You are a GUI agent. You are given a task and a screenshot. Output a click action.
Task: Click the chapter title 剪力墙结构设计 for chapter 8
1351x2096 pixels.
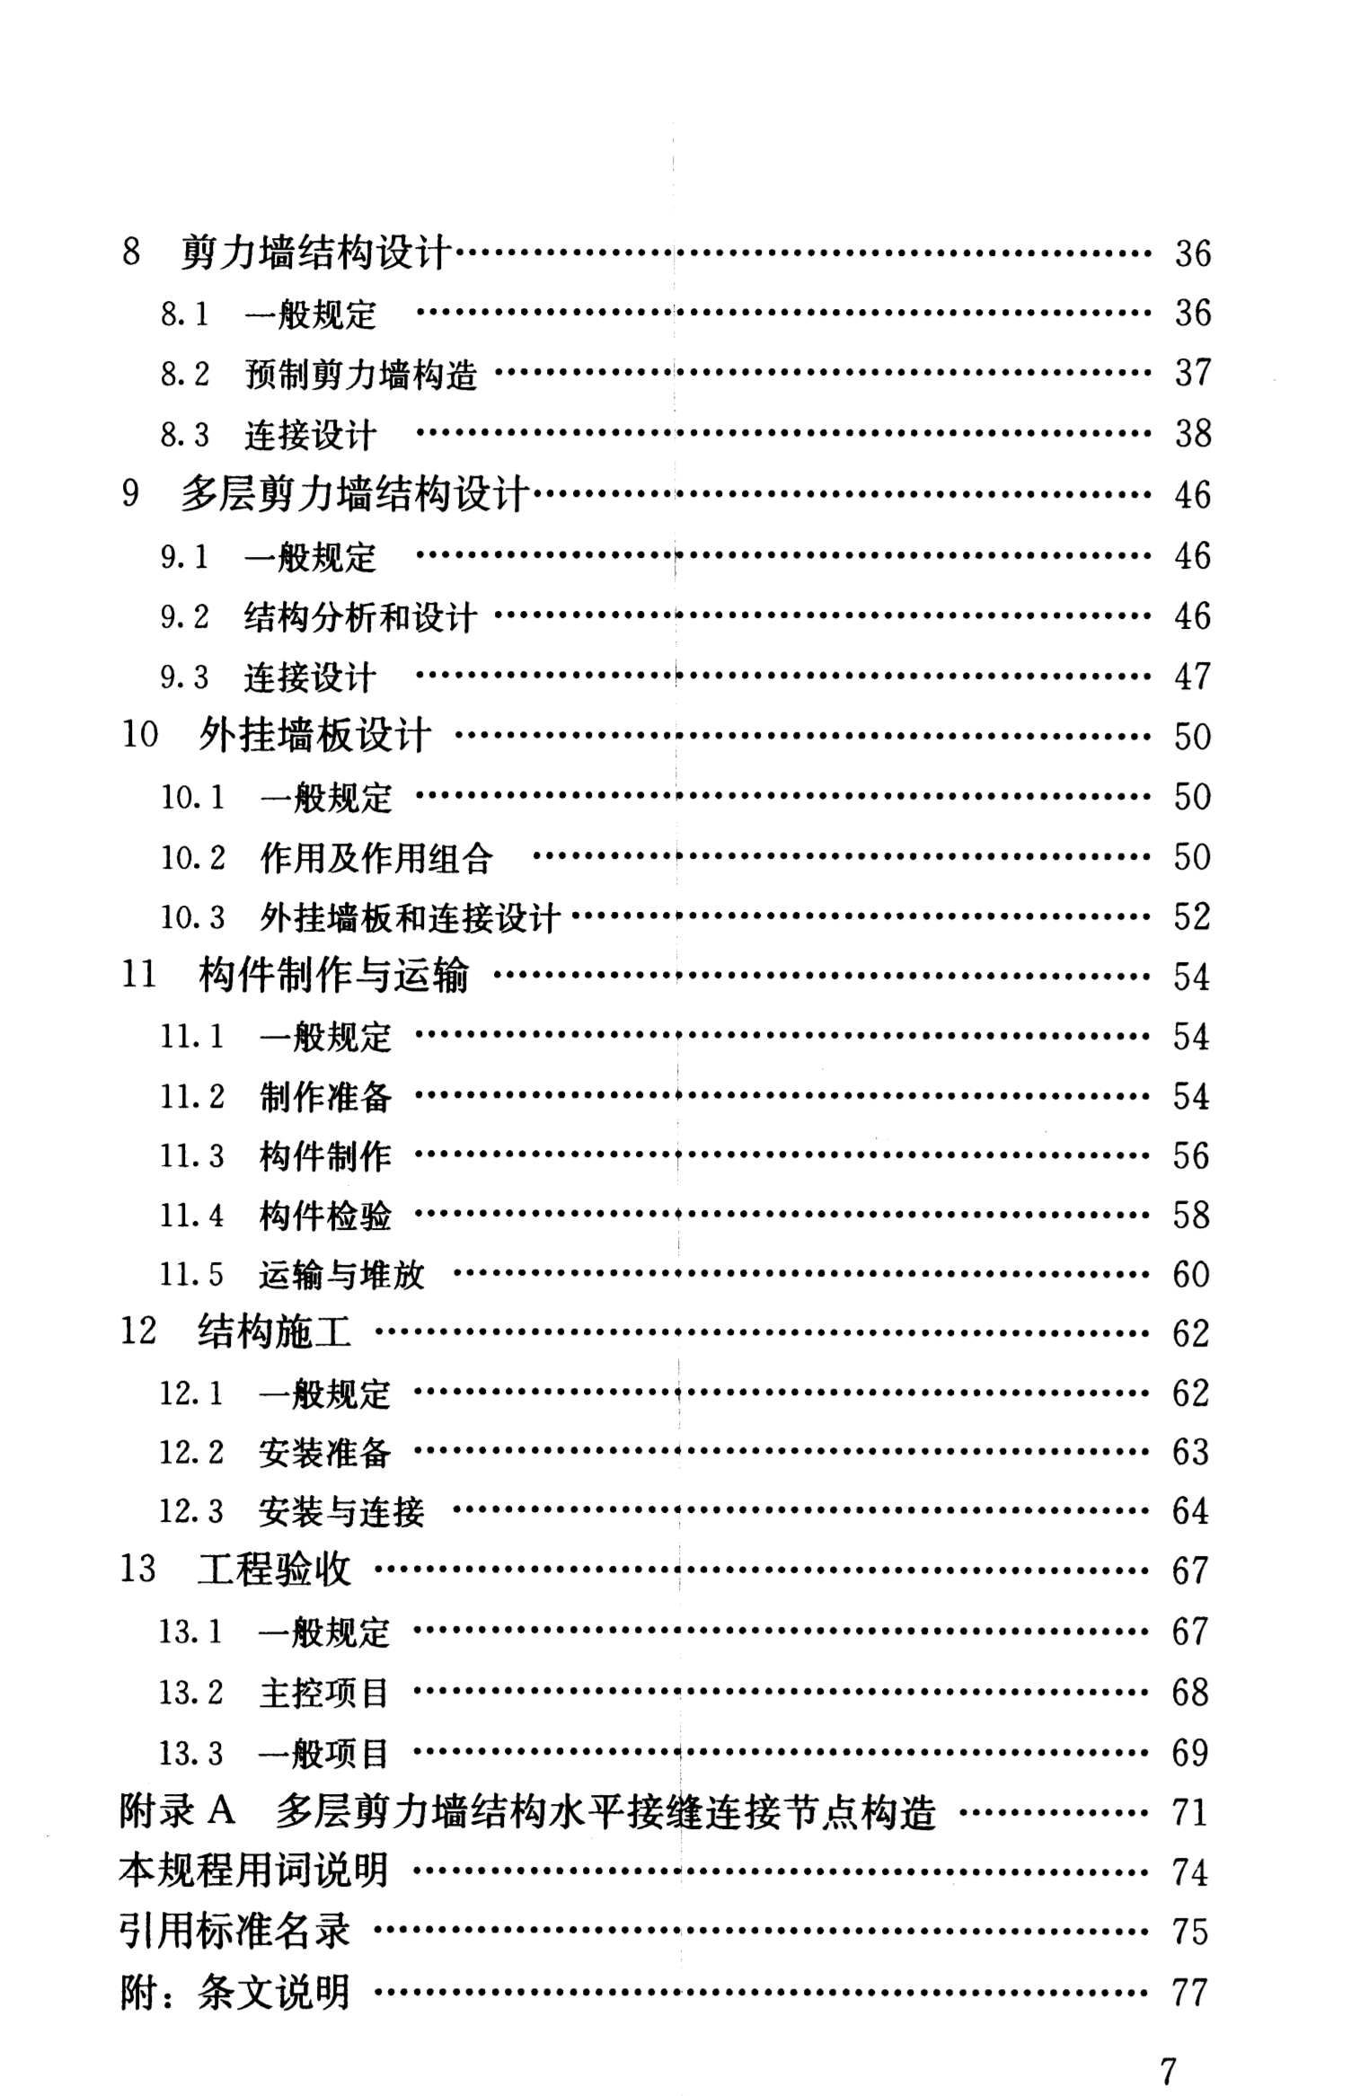[x=314, y=253]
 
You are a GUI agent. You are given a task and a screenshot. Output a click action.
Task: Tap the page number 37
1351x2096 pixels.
[x=1193, y=373]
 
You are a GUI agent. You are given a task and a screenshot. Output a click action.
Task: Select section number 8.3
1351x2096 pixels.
[x=184, y=435]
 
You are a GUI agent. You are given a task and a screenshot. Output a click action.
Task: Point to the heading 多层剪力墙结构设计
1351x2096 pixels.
[x=354, y=495]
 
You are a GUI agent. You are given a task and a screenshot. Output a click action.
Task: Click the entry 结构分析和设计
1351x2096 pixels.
[x=359, y=617]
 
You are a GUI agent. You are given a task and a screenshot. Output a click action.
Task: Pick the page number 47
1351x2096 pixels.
[x=1193, y=677]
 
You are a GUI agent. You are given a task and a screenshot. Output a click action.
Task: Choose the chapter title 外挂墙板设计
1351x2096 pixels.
[x=314, y=736]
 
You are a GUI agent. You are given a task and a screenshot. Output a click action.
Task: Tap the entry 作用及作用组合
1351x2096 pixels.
[x=376, y=858]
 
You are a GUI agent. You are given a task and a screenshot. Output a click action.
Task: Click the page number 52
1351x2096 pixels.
[x=1192, y=917]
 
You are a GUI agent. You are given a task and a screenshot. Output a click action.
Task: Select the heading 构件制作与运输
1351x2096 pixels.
[x=333, y=977]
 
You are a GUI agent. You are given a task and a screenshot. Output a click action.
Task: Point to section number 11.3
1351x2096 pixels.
[x=191, y=1156]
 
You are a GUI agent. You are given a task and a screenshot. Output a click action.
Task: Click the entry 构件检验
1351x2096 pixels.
[x=325, y=1216]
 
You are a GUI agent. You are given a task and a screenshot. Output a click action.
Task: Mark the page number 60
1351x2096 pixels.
[x=1191, y=1275]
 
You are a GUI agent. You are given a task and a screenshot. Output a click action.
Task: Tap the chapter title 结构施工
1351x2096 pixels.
[x=274, y=1333]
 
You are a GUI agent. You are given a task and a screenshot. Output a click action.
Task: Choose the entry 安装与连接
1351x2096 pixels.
[x=341, y=1512]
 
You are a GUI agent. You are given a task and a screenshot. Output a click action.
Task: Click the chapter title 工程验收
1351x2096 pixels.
[x=274, y=1571]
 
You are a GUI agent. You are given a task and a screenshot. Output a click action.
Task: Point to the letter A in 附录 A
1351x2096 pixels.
[x=221, y=1812]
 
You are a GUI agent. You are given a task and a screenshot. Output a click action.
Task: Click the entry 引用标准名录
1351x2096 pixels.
[x=234, y=1932]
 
